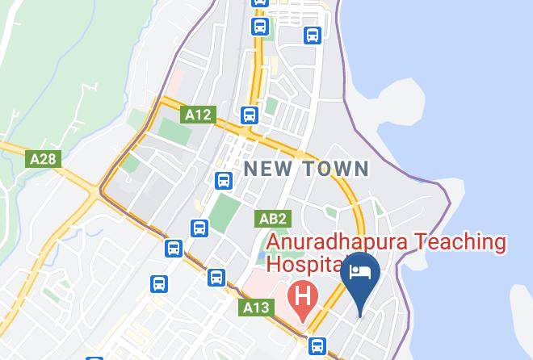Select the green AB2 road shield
coord(272,219)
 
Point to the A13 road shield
coord(256,308)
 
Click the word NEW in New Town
coord(270,170)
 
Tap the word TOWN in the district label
coord(337,170)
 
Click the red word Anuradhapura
coord(337,241)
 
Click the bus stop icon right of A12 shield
coord(249,115)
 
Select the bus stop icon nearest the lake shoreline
coord(313,36)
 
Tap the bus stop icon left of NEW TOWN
coord(224,180)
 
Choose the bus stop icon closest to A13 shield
coord(216,278)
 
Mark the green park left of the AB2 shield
coord(225,211)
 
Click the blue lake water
coord(468,121)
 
